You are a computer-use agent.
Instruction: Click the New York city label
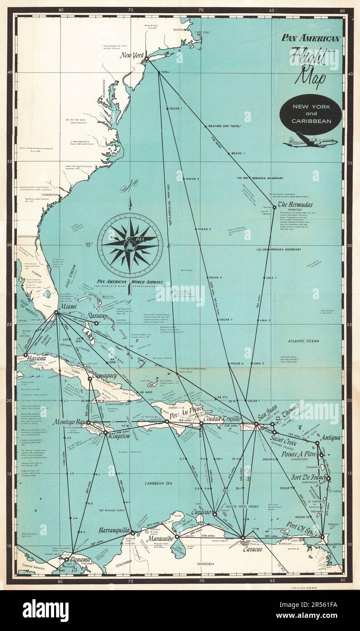point(132,57)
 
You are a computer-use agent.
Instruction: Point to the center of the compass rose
point(130,246)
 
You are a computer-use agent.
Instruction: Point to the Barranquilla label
point(114,530)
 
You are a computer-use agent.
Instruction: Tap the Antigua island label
point(330,438)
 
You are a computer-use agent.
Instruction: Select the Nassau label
point(101,315)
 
